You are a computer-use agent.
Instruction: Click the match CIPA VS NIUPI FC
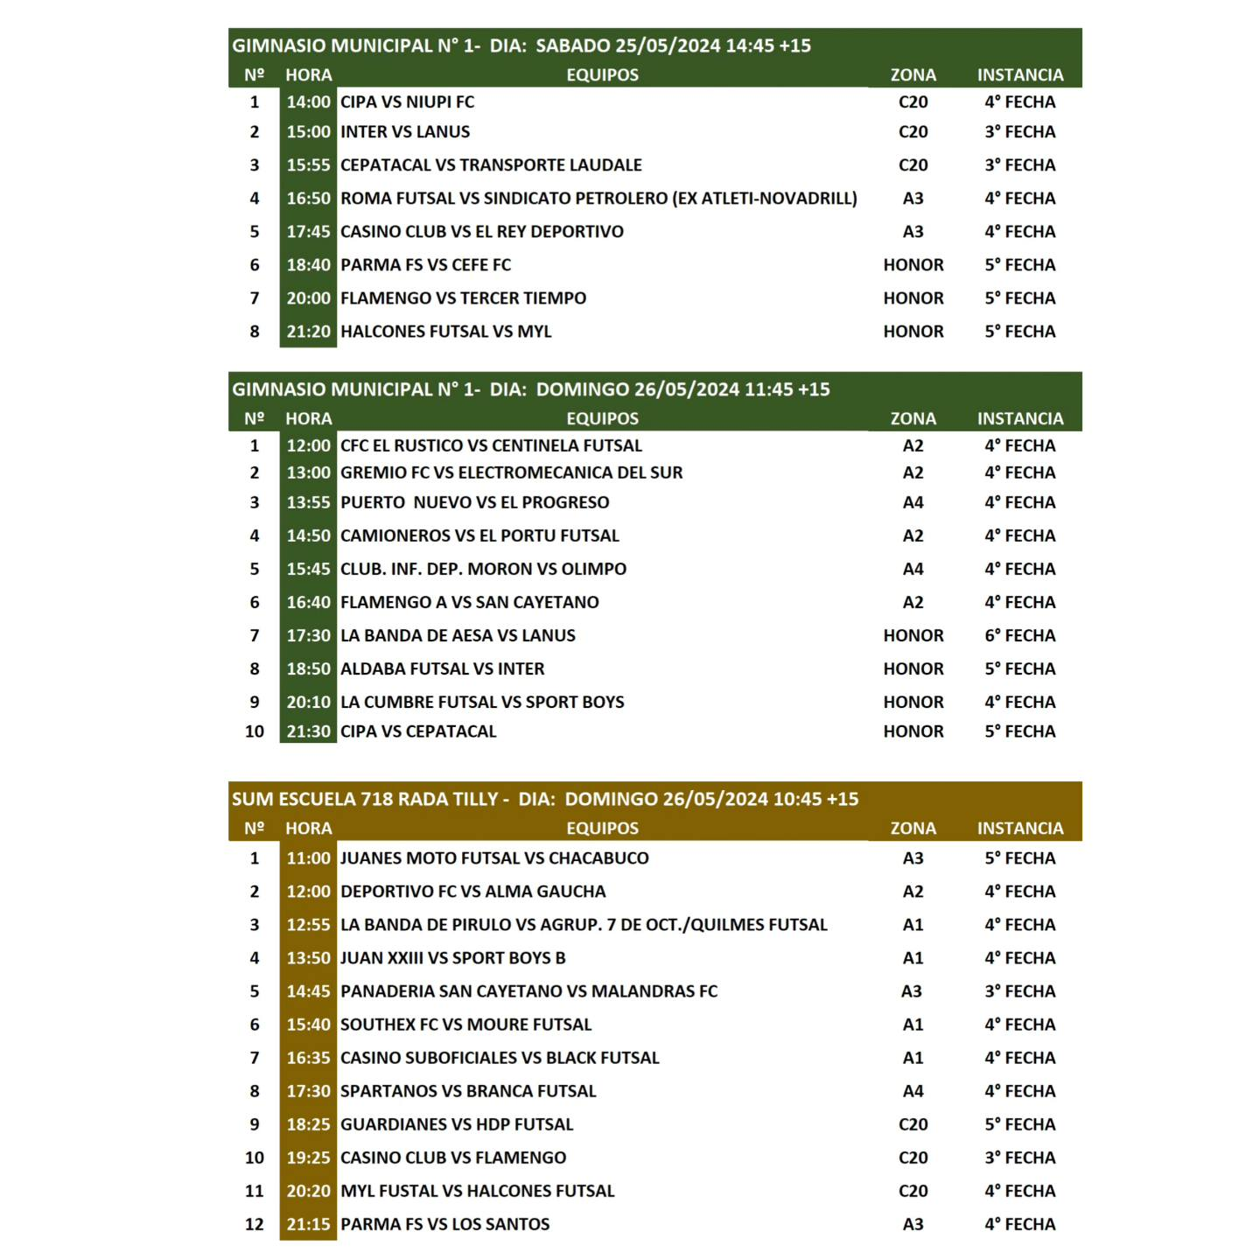tap(407, 102)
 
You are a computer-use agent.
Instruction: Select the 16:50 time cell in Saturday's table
tap(308, 199)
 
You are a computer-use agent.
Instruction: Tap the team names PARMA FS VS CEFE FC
tap(425, 265)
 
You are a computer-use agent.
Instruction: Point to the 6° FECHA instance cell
tap(1019, 636)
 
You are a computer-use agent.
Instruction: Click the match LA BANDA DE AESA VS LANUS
tap(458, 636)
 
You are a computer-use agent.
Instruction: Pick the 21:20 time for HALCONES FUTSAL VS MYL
tap(308, 332)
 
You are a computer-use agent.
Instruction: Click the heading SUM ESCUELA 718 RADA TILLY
tap(365, 799)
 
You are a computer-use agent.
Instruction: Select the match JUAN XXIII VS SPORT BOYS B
tap(452, 958)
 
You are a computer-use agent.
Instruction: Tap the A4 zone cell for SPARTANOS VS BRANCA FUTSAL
tap(913, 1091)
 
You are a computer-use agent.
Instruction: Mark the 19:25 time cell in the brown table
tap(308, 1158)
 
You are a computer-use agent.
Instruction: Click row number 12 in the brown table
tap(255, 1224)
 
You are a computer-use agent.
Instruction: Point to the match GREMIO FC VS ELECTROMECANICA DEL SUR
tap(511, 472)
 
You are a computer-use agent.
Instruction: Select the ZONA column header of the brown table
tap(913, 828)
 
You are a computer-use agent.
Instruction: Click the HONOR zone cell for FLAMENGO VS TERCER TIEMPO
tap(913, 298)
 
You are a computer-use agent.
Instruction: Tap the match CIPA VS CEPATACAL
tap(418, 731)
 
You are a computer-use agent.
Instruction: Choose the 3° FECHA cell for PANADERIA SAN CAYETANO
tap(1019, 991)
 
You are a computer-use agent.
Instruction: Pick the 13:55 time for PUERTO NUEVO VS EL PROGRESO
tap(308, 502)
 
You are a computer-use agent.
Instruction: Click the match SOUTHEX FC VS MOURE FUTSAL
tap(465, 1025)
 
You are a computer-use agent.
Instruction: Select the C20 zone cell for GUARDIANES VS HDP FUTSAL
tap(913, 1124)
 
